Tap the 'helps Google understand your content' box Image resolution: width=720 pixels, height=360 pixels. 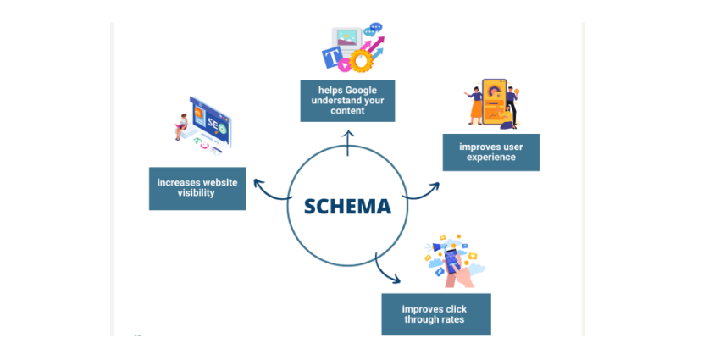(x=347, y=100)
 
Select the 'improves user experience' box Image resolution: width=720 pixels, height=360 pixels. (x=491, y=152)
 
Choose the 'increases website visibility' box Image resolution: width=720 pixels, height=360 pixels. (x=197, y=186)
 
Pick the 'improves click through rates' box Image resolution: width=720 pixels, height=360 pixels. (x=435, y=314)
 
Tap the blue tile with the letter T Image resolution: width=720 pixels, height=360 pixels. (x=330, y=58)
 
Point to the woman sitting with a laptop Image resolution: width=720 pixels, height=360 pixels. (x=180, y=128)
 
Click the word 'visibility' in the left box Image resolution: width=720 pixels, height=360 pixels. (x=197, y=192)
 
